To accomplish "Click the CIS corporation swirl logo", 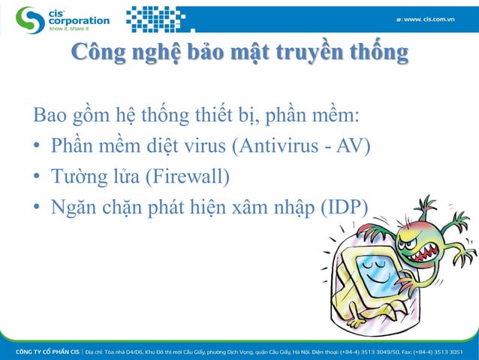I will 30,20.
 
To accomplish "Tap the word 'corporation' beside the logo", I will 78,21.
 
